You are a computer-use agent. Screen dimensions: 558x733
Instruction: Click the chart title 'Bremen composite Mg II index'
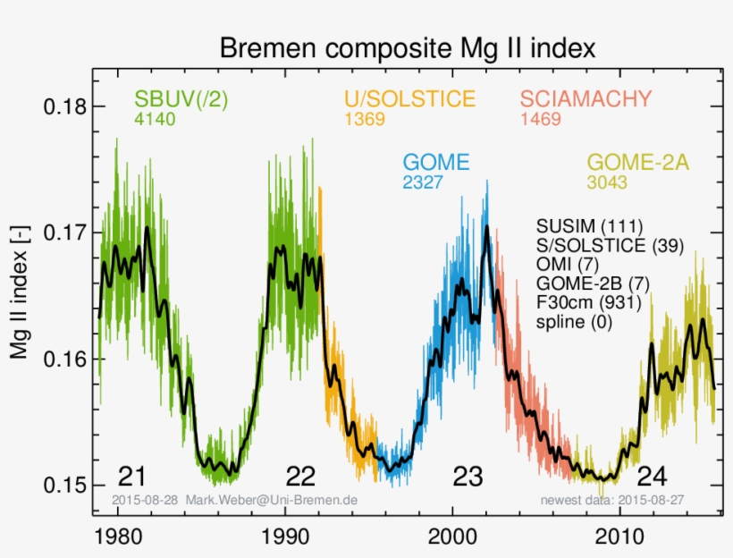coord(407,46)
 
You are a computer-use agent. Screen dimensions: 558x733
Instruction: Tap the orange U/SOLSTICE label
coord(409,99)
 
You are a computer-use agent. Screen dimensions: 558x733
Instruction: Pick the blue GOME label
coord(436,163)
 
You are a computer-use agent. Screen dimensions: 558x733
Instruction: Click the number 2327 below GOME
coord(423,182)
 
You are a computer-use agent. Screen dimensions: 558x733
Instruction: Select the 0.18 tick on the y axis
coord(65,107)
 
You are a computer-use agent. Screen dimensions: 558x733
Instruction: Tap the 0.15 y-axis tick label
coord(65,486)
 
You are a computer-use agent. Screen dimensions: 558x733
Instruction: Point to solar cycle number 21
coord(131,476)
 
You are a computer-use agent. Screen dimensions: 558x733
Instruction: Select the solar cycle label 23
coord(468,476)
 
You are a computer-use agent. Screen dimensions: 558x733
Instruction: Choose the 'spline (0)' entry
coord(574,323)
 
